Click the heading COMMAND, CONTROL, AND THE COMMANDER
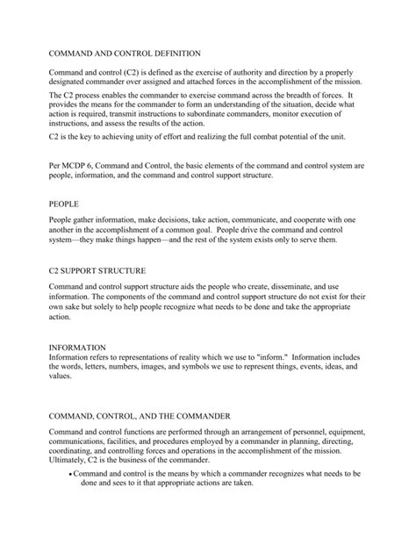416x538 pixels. coord(139,414)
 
